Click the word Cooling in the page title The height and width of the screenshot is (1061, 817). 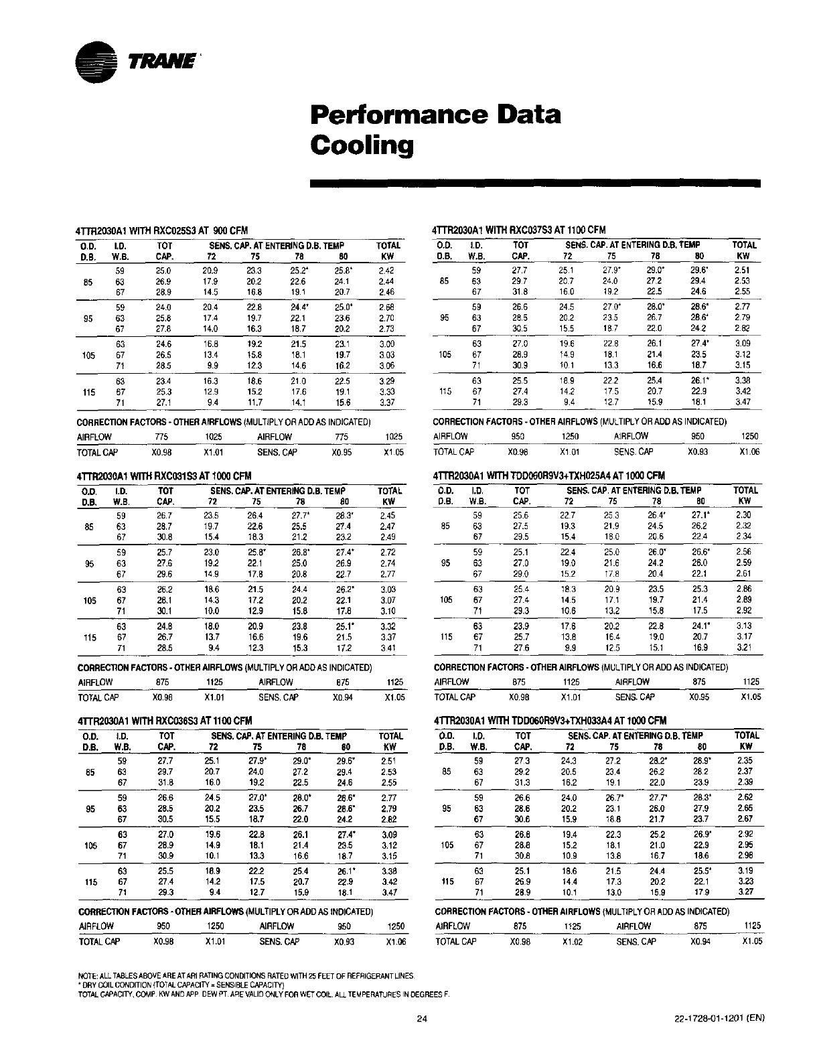361,145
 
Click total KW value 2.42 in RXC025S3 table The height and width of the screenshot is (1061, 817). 386,271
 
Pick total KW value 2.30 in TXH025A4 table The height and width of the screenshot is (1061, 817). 743,516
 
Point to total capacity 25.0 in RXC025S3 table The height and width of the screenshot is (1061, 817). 163,271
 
